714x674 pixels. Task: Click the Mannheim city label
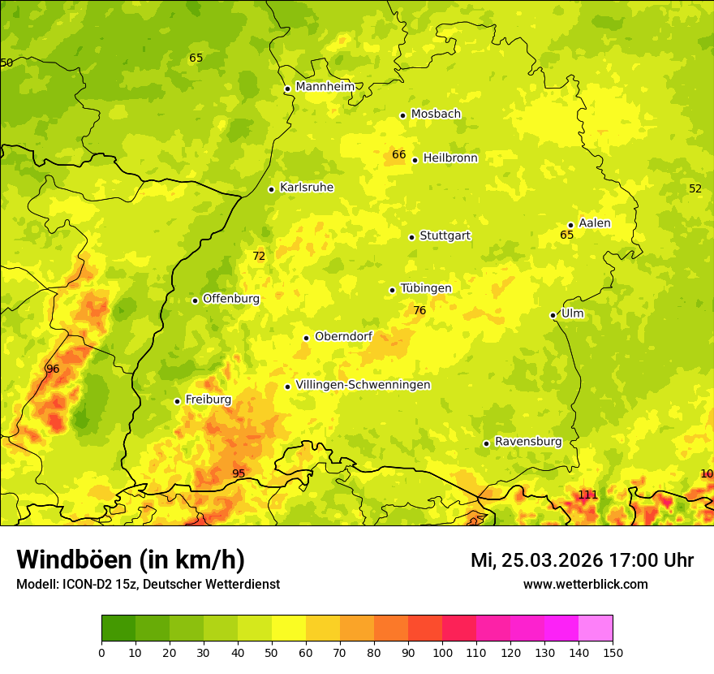coord(325,87)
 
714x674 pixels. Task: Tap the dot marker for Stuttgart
coord(411,237)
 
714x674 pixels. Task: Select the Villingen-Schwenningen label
coord(363,385)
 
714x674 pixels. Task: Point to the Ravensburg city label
coord(528,442)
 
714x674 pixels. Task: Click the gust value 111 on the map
coord(587,495)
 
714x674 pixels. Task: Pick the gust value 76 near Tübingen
coord(419,310)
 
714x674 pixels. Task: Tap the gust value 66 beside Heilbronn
coord(398,154)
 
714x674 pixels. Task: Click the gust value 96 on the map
coord(53,369)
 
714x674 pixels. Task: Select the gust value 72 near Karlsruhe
coord(259,256)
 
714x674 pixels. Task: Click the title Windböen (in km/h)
coord(131,560)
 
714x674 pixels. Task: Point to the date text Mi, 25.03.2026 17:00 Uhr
coord(582,560)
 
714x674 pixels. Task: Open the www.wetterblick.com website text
coord(585,584)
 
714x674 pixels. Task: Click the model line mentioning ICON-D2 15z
coord(148,584)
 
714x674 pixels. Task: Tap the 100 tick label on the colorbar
coord(442,651)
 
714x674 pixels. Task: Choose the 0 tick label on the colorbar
coord(101,651)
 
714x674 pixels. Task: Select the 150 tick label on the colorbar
coord(613,651)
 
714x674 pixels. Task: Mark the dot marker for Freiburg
coord(177,401)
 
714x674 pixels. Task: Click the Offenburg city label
coord(231,299)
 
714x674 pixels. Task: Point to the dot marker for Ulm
coord(553,315)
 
